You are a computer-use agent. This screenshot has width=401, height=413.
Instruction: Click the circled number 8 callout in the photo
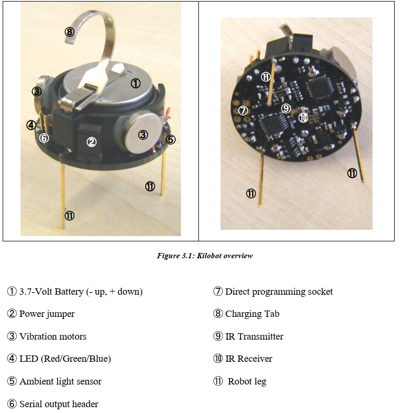point(70,32)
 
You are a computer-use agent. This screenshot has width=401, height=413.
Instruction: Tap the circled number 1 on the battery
point(136,84)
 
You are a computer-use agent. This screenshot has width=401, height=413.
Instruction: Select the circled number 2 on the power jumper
point(92,142)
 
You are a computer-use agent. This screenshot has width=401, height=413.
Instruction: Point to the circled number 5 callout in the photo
point(171,139)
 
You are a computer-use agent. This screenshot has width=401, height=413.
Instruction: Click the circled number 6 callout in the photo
point(44,138)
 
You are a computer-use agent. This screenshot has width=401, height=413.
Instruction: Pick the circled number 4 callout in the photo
point(31,125)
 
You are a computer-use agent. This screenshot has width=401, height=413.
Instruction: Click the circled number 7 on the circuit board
point(243,110)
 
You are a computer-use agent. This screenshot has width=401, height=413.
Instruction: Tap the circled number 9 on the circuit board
point(286,108)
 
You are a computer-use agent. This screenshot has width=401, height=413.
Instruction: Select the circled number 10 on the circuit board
point(303,117)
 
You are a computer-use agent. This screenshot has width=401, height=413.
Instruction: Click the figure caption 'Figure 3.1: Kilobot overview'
point(205,256)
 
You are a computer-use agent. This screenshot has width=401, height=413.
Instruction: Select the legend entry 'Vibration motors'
point(47,336)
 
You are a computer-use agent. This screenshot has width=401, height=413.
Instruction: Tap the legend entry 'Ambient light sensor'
point(54,381)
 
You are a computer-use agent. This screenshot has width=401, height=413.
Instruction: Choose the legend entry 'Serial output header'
point(53,404)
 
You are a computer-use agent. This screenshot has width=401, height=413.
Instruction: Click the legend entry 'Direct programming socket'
point(273,292)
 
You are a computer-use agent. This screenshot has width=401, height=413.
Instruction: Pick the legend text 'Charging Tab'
point(246,314)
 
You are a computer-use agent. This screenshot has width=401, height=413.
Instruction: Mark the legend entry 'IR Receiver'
point(243,359)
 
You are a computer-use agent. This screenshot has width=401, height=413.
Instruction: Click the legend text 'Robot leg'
point(240,381)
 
